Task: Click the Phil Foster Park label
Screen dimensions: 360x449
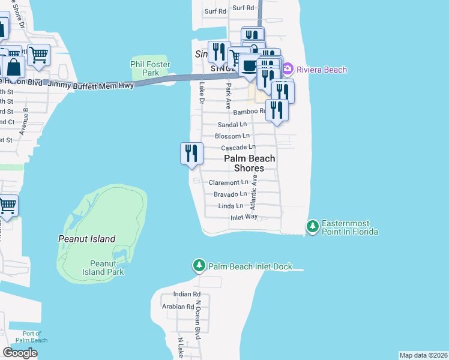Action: click(151, 68)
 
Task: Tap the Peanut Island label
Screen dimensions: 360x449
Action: click(86, 239)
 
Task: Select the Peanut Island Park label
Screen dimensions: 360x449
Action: click(107, 268)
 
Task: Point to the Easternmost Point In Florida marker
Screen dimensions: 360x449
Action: click(312, 226)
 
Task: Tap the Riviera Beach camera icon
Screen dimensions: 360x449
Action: click(287, 70)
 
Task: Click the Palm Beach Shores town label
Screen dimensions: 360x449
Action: click(250, 163)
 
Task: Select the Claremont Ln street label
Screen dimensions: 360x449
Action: click(228, 182)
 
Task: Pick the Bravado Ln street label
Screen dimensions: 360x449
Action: click(231, 194)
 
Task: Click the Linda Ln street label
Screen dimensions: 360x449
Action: click(231, 206)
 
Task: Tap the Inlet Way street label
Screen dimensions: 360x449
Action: click(244, 217)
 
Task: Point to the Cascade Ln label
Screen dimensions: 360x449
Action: click(238, 148)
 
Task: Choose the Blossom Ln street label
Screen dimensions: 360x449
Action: click(228, 136)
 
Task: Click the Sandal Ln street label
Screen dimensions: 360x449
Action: click(232, 124)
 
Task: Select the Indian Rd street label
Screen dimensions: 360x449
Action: click(187, 295)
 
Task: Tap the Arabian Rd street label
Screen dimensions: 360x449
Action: click(178, 307)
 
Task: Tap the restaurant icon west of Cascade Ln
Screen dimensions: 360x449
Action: click(191, 153)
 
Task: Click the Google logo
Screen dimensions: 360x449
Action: click(20, 353)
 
